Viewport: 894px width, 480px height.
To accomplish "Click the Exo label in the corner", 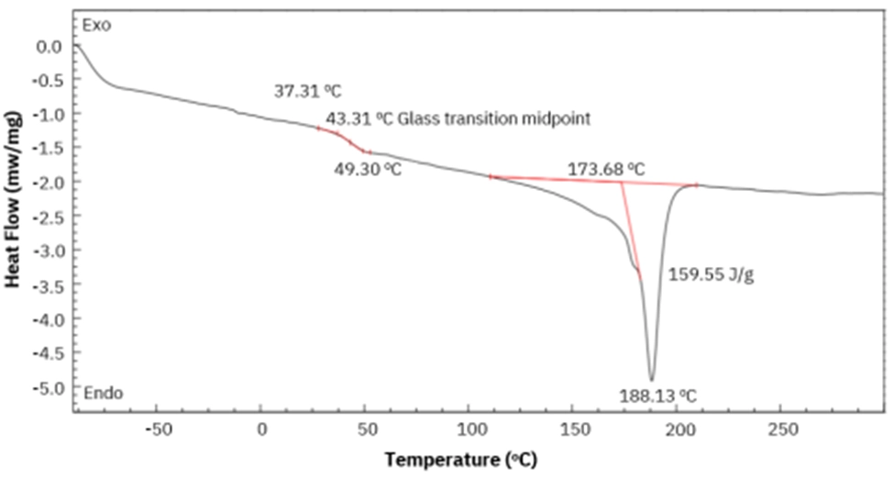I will coord(96,25).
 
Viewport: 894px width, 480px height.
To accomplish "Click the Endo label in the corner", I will coord(104,394).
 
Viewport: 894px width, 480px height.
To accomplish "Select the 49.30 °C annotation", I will coord(368,169).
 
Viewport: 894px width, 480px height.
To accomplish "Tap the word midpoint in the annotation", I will coord(555,119).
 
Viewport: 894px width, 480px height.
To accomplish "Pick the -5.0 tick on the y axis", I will coord(50,387).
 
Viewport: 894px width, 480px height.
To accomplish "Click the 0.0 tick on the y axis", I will coord(53,45).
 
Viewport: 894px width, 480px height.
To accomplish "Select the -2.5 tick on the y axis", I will coord(50,217).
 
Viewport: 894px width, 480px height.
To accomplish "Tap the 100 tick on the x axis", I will coord(470,430).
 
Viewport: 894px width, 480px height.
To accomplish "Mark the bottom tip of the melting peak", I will coord(651,379).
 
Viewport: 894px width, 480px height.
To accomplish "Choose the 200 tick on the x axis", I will coord(680,430).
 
